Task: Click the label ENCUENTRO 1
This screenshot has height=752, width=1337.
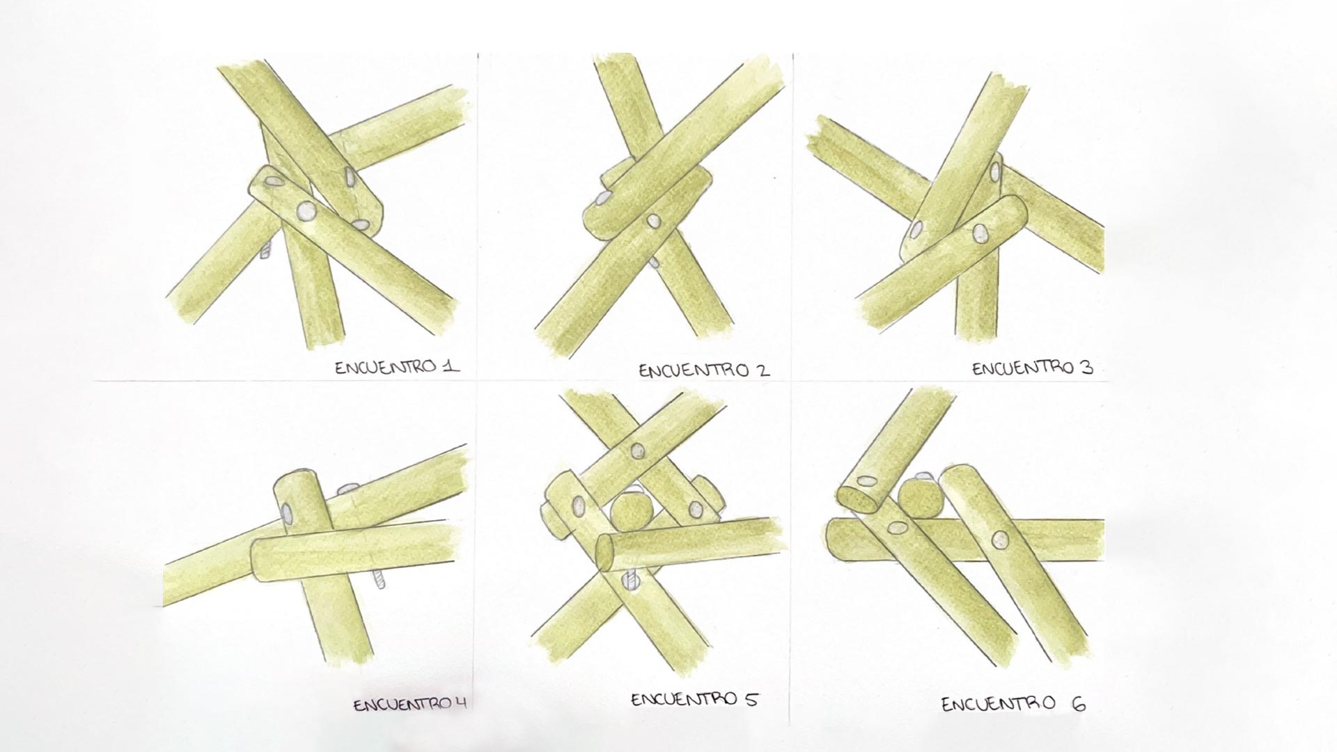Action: tap(397, 367)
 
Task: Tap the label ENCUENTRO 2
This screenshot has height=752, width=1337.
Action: tap(704, 370)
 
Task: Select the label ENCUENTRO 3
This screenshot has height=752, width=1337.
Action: tap(1033, 368)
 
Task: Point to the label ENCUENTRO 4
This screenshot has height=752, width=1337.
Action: tap(409, 705)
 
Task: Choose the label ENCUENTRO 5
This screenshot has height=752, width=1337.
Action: tap(694, 699)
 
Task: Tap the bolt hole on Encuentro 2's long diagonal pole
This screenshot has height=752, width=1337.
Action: tap(653, 221)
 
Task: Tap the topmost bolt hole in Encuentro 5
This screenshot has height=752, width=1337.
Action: tap(637, 451)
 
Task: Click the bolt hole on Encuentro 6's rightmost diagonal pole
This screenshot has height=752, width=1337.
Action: tap(1000, 540)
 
